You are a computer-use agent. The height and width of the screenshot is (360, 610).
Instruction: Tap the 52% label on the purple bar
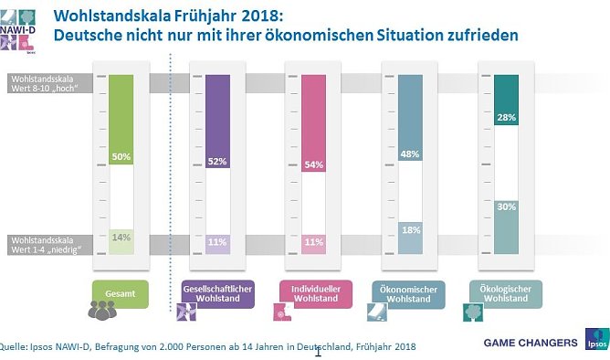(x=218, y=162)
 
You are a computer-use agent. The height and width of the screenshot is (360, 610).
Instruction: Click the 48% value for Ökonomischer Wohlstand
(x=410, y=154)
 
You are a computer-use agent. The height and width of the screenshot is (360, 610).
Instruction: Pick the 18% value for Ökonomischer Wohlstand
(x=410, y=230)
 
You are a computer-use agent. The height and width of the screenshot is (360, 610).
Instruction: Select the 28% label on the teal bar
(x=506, y=118)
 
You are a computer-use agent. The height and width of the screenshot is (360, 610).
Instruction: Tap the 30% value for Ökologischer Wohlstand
(x=506, y=207)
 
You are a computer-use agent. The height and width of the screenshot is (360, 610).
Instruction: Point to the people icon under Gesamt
(x=102, y=310)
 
